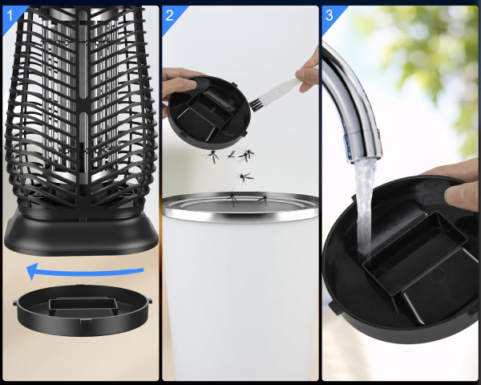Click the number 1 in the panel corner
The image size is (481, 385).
[x=10, y=16]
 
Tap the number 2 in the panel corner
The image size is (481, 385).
[x=169, y=16]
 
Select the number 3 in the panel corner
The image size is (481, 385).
[x=329, y=15]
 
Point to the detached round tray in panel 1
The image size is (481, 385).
[x=83, y=310]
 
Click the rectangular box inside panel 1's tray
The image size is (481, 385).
[x=83, y=306]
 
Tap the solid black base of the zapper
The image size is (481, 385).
[x=81, y=235]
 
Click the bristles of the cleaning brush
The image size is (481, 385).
[x=255, y=104]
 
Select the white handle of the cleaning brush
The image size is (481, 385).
[x=280, y=88]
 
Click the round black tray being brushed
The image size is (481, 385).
[x=209, y=112]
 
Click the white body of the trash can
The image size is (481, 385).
[x=240, y=294]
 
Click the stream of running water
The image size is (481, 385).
[x=365, y=209]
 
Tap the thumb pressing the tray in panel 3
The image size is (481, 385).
[x=461, y=196]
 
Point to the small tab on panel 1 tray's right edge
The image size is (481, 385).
[x=150, y=302]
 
